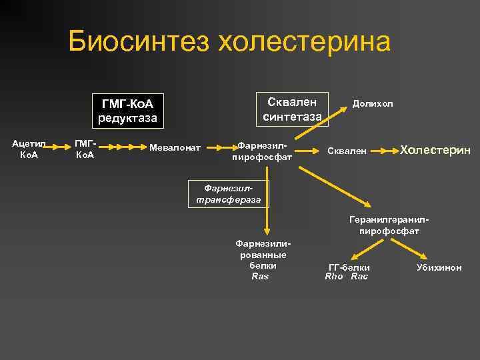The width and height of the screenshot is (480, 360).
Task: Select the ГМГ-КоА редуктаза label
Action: coord(127,111)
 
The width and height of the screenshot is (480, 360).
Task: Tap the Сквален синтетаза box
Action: coord(292,109)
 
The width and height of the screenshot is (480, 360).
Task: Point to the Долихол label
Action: coord(373,104)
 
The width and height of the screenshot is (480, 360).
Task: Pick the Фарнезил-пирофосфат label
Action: coord(262,151)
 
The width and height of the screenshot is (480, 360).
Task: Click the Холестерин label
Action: coord(435,150)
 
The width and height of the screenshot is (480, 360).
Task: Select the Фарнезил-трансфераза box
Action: coord(229,194)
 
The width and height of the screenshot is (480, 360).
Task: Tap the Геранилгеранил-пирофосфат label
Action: coord(389,225)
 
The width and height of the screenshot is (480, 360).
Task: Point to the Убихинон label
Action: coord(439,267)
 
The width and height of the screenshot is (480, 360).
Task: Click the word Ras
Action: coord(260,276)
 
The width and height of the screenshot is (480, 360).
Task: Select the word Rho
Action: coord(333,276)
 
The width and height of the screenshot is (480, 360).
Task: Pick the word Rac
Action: coord(359,276)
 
